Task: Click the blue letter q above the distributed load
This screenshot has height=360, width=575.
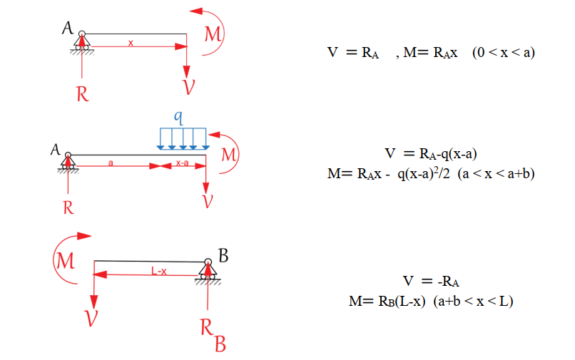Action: tap(178, 118)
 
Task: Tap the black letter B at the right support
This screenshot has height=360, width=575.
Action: tap(223, 255)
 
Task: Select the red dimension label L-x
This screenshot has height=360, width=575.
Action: tap(159, 272)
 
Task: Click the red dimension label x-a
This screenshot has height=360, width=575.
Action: tap(182, 163)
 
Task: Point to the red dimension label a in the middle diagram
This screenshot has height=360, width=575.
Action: tap(111, 163)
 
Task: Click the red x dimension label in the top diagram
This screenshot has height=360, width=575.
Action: tap(131, 43)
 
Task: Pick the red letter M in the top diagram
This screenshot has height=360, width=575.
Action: tap(213, 34)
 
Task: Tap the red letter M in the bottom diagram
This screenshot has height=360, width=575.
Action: tap(65, 261)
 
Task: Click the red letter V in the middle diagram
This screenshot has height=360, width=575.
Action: tap(208, 201)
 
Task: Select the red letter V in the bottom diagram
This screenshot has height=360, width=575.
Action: tap(91, 318)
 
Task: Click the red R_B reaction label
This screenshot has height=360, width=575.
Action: tap(213, 335)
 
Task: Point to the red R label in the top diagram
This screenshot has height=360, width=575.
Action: tap(83, 94)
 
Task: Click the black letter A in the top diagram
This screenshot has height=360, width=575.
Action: tap(68, 28)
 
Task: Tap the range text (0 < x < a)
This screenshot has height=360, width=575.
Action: tap(504, 53)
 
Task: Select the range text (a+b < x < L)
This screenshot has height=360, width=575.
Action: tap(473, 302)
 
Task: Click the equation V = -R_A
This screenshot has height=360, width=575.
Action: tap(431, 282)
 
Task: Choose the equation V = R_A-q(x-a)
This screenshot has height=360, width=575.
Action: tap(431, 153)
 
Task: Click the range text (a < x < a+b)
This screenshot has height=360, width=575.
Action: tap(496, 173)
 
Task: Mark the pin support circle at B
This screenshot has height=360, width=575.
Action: tap(208, 262)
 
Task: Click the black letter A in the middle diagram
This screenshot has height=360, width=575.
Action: tap(56, 150)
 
